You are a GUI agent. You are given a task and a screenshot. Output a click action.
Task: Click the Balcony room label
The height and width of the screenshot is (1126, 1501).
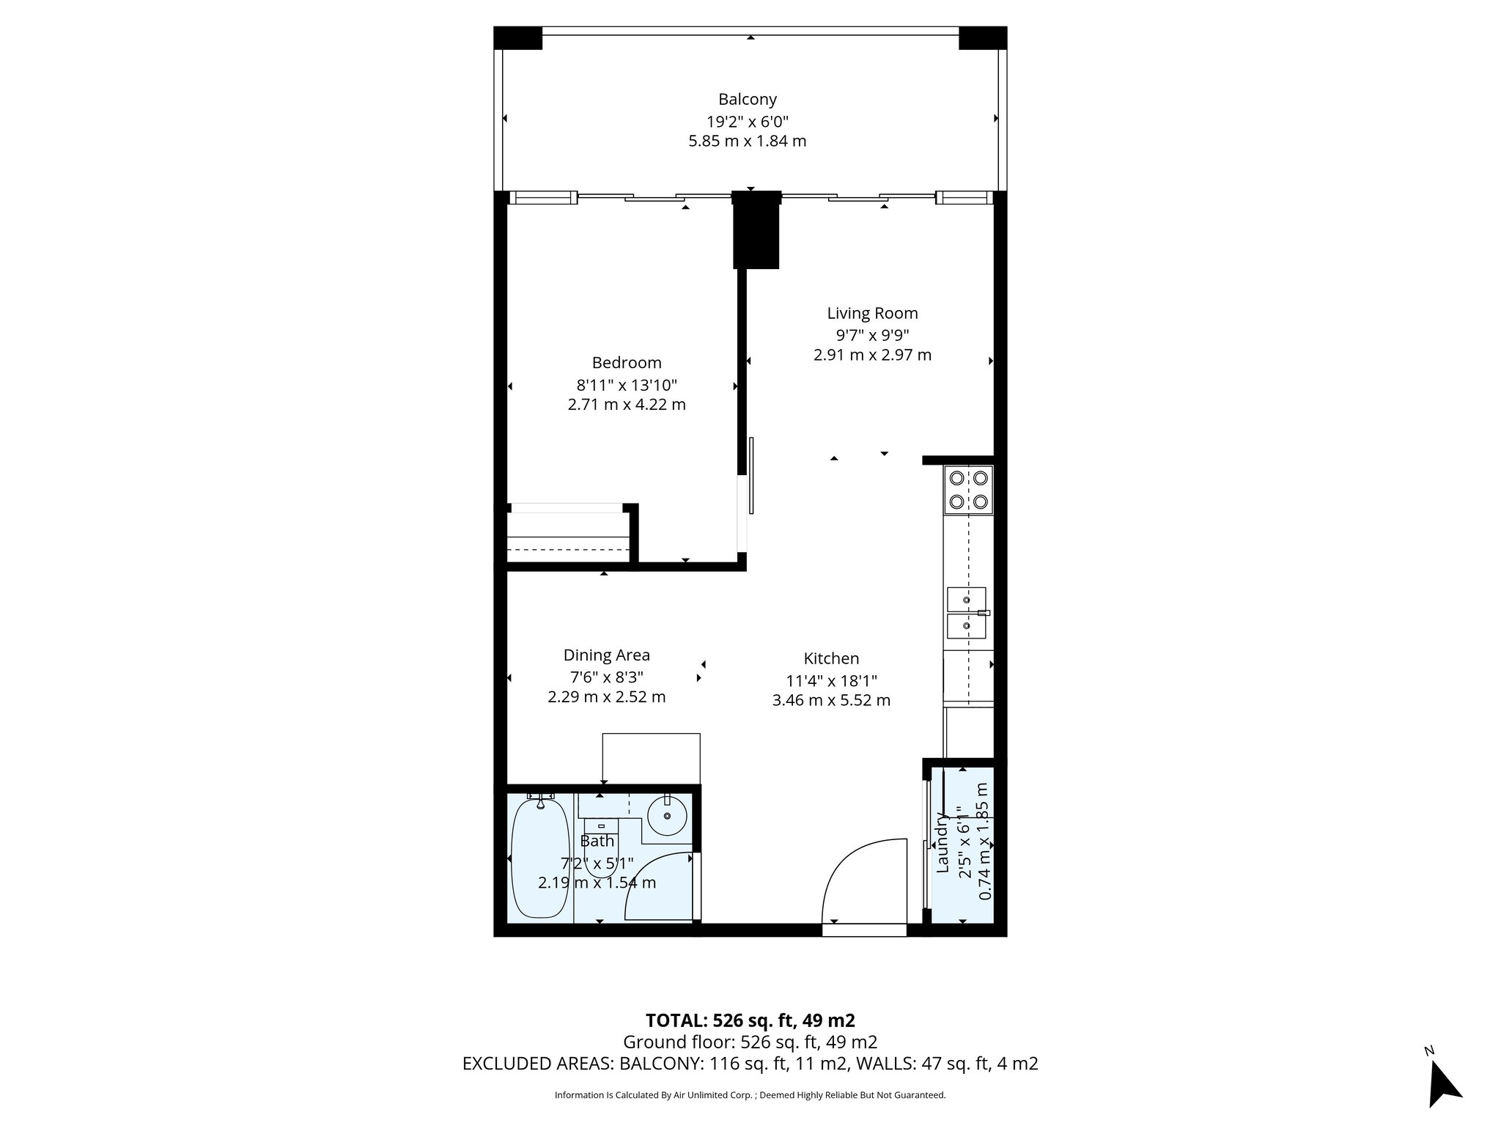tap(747, 99)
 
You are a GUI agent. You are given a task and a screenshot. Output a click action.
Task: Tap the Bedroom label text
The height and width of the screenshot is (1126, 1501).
tap(627, 362)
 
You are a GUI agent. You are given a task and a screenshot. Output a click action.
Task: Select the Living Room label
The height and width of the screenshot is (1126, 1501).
tap(872, 313)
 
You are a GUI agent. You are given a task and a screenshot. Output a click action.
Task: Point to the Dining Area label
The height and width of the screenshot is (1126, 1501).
tap(606, 655)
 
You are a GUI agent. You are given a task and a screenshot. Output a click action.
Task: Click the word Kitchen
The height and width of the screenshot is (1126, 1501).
tap(831, 658)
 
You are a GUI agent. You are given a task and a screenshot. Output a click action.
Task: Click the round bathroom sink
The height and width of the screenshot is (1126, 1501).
tap(668, 816)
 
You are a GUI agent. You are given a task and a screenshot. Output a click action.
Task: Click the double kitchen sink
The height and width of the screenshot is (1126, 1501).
tap(967, 613)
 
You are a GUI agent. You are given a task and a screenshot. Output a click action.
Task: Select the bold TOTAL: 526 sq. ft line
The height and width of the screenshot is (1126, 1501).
tap(750, 1020)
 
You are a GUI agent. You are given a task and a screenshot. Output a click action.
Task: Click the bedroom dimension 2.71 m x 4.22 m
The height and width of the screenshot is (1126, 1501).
tap(627, 404)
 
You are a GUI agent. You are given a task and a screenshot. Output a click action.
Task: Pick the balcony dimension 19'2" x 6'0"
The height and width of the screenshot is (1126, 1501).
tap(747, 120)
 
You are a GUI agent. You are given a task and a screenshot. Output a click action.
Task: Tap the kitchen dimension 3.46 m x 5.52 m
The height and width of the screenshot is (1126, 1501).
tap(831, 700)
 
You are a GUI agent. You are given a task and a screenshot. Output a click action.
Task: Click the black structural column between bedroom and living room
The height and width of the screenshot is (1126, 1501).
tap(756, 230)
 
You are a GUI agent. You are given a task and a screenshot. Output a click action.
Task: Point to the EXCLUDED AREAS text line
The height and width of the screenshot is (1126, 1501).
tap(750, 1064)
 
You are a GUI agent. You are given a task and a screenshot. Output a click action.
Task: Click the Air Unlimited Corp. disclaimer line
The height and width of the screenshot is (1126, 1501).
tap(750, 1095)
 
